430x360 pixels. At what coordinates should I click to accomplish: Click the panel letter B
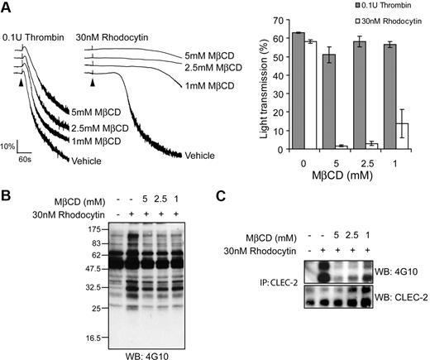(7, 196)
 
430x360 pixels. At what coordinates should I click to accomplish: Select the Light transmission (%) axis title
(250, 84)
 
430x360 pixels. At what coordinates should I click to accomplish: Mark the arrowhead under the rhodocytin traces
(93, 83)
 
